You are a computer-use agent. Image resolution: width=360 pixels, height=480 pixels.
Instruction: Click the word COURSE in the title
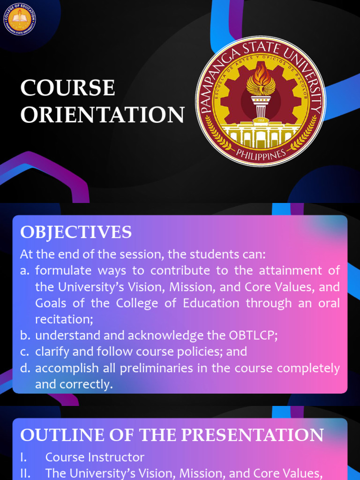click(x=68, y=88)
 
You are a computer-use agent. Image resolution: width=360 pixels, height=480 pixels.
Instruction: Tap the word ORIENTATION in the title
click(x=102, y=115)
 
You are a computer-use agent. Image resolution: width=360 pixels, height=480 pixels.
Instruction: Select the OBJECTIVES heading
click(x=76, y=232)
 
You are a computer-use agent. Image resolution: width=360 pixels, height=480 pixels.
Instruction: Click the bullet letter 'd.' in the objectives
click(x=25, y=368)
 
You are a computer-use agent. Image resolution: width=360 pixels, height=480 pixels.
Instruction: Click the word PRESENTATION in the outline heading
click(x=252, y=435)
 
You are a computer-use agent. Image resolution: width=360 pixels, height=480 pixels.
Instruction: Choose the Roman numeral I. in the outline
click(x=23, y=457)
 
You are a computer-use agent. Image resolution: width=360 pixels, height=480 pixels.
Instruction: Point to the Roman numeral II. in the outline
click(x=25, y=473)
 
